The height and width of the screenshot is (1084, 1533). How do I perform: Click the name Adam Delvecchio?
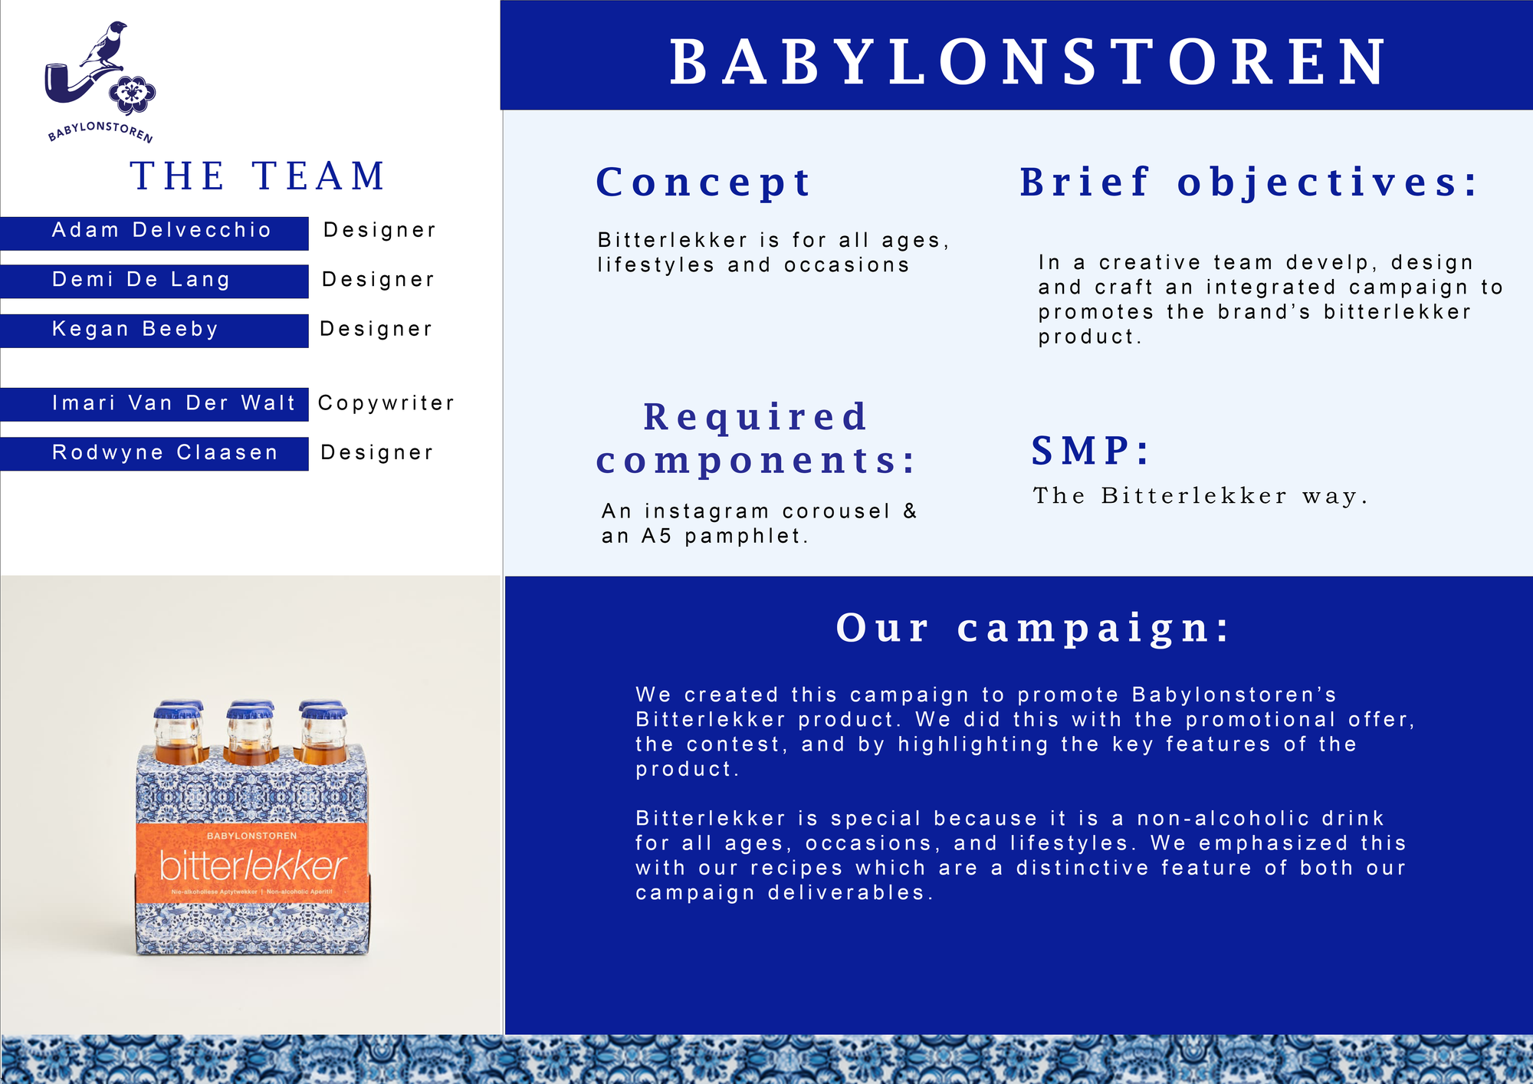coord(161,230)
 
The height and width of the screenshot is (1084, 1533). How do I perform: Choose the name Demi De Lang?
coord(141,279)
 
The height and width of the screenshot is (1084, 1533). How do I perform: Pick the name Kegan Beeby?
coord(135,329)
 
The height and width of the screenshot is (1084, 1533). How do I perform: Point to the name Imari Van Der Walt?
coord(173,402)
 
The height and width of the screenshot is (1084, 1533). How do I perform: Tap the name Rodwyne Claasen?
coord(165,452)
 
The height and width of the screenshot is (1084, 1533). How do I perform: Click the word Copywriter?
coord(386,403)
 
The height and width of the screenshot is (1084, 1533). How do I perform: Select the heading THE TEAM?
coord(258,176)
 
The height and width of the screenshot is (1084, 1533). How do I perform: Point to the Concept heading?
coord(703,182)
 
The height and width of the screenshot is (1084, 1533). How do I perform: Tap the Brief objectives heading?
coord(1249,182)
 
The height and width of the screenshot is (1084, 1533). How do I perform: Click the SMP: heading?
coord(1090,450)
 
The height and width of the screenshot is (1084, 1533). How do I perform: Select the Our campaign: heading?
coord(1032,628)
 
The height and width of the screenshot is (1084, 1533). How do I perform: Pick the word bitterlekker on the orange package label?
coord(253,866)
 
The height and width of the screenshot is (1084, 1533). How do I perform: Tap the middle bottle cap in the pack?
coord(251,712)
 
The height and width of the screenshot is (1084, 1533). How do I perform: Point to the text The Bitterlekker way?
coord(1200,496)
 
